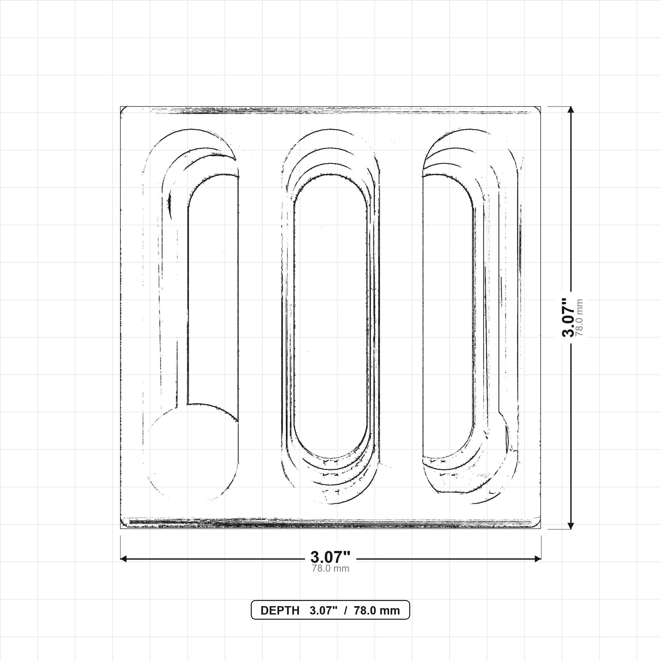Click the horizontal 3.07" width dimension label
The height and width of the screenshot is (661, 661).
330,557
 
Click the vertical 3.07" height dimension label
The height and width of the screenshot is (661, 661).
569,317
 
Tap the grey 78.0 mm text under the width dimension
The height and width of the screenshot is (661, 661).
330,568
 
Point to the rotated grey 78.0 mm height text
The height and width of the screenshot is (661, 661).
579,318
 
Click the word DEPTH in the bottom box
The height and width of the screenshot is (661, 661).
280,611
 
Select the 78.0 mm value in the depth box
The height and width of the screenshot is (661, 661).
377,611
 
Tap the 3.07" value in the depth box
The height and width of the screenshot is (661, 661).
323,611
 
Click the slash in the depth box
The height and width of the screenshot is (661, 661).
346,611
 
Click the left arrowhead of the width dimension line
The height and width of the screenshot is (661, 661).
124,559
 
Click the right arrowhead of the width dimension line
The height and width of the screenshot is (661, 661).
537,559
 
